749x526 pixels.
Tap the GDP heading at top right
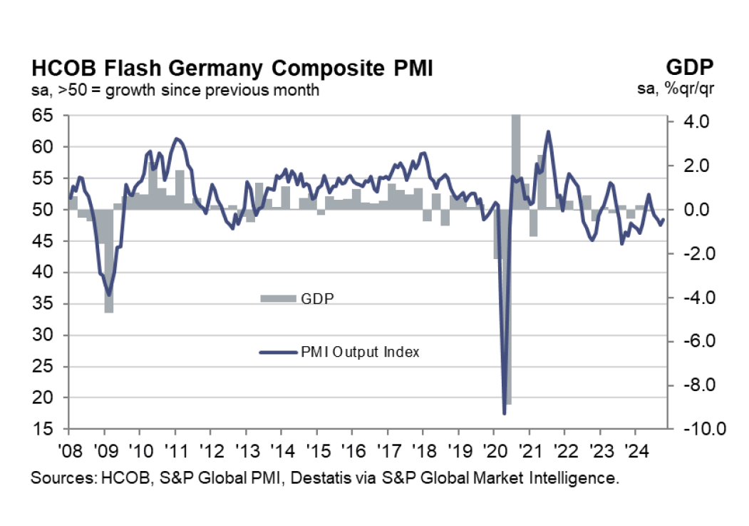690,68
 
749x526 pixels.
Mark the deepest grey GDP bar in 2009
109,285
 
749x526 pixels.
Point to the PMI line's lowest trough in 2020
505,413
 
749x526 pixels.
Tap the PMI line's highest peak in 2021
548,132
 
